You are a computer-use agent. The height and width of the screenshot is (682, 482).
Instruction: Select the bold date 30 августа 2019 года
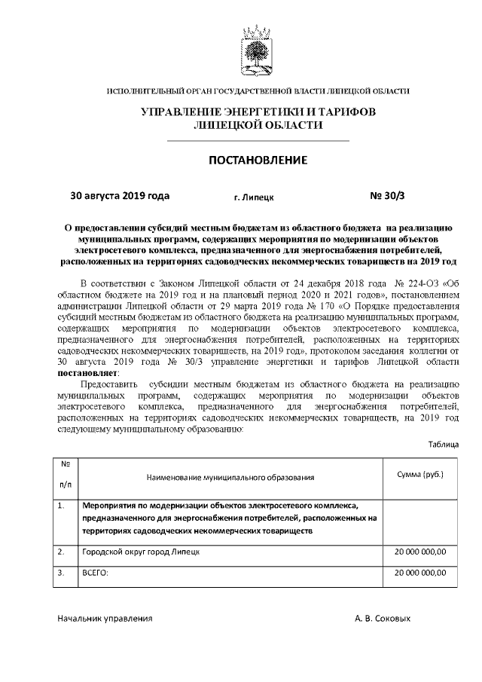(120, 195)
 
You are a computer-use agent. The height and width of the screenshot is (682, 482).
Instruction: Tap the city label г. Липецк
(254, 197)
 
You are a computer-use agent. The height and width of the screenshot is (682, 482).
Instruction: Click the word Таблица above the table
(444, 445)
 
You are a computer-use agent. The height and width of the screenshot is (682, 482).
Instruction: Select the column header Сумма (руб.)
(420, 475)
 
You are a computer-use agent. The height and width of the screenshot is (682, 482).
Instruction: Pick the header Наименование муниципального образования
(230, 478)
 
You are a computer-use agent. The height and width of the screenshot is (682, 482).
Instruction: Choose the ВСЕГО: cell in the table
(95, 573)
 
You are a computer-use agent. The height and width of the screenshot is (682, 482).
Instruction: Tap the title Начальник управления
(105, 618)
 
